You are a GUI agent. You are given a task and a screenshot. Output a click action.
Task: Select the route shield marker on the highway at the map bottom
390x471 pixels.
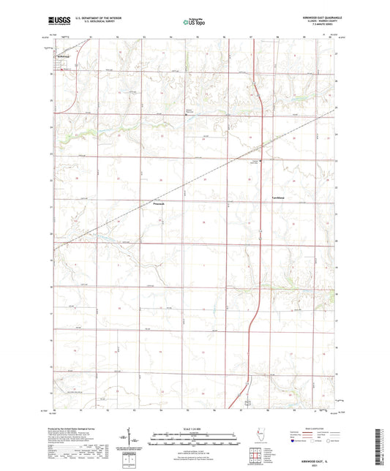point(247,402)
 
